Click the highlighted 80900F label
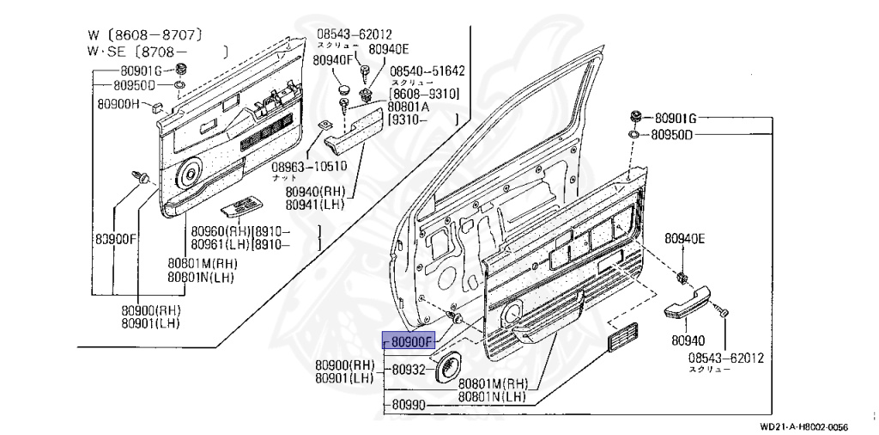click(x=411, y=340)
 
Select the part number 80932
click(x=409, y=370)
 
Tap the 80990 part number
click(x=409, y=404)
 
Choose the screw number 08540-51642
click(x=427, y=71)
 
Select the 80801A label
click(x=409, y=107)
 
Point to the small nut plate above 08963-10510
click(x=323, y=126)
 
